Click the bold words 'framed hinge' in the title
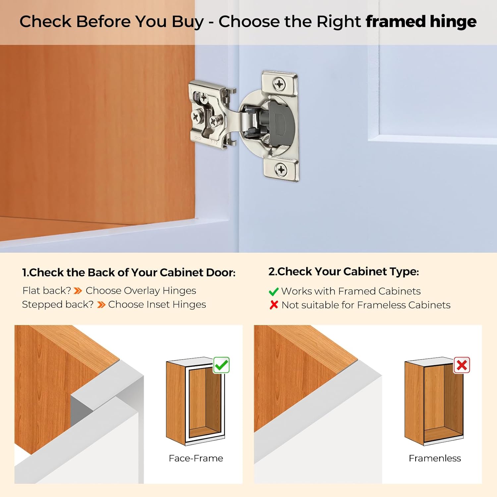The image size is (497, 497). click(x=421, y=22)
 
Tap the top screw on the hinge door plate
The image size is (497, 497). click(x=280, y=84)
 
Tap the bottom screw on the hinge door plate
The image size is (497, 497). click(x=281, y=170)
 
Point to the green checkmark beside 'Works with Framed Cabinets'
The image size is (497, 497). click(x=273, y=292)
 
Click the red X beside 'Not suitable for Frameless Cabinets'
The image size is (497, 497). click(x=274, y=305)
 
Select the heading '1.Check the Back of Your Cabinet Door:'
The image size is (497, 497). click(x=129, y=272)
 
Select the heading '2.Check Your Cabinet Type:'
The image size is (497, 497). click(x=344, y=271)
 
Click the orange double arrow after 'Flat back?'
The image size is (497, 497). click(x=78, y=291)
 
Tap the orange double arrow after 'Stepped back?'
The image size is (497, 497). click(x=101, y=305)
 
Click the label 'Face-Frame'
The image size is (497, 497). click(x=196, y=458)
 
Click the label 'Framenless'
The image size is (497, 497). click(x=435, y=458)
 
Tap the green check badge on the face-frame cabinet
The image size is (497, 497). click(x=221, y=365)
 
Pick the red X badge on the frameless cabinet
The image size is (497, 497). click(x=462, y=365)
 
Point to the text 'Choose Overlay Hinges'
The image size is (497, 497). click(x=141, y=291)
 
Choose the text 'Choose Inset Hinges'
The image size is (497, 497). click(x=157, y=304)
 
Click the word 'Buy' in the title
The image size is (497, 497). click(x=188, y=22)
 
